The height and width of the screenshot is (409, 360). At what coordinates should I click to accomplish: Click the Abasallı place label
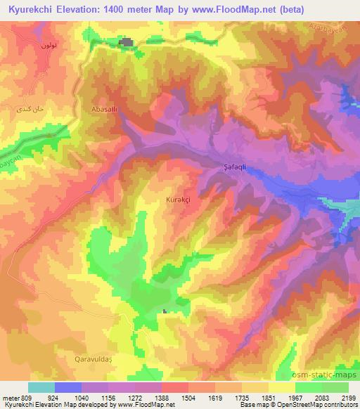(x=103, y=110)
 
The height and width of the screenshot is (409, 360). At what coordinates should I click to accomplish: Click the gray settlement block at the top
(x=127, y=44)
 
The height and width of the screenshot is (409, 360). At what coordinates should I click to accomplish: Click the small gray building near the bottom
(x=165, y=311)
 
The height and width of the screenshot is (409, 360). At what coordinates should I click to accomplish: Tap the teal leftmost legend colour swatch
(x=41, y=387)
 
